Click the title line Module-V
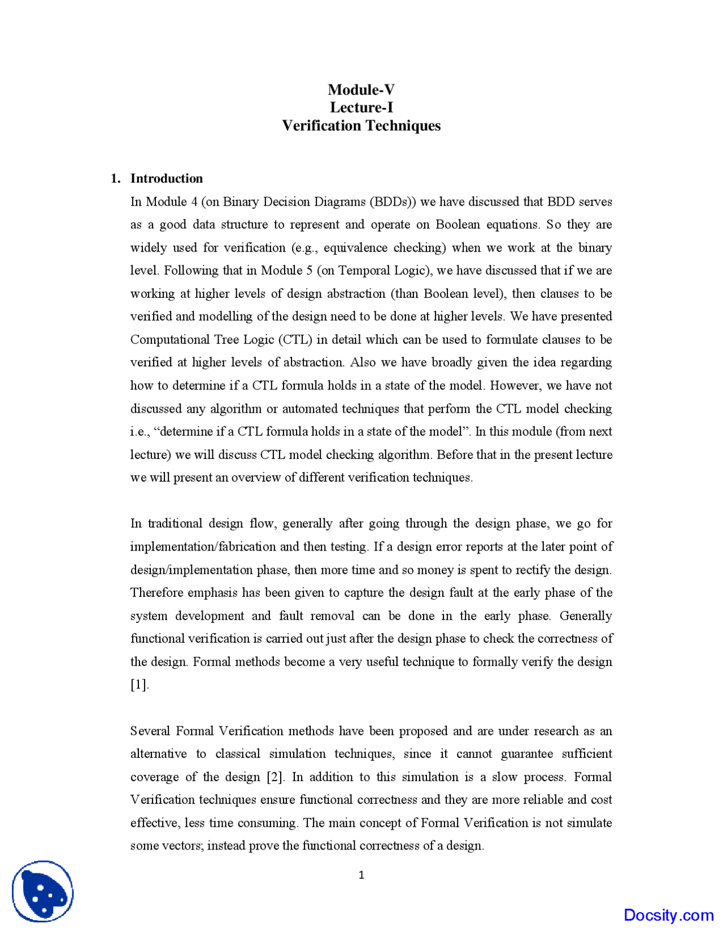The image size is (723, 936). (x=361, y=90)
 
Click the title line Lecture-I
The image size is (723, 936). (x=361, y=107)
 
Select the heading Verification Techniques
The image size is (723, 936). (x=361, y=125)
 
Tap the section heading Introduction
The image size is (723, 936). (x=166, y=179)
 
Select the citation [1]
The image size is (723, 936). (x=140, y=685)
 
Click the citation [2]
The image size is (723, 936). (x=276, y=777)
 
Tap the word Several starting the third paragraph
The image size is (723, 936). (x=149, y=731)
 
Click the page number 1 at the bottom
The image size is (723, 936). (x=361, y=876)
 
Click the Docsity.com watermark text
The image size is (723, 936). (x=668, y=915)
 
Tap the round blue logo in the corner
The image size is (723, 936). (x=43, y=891)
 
